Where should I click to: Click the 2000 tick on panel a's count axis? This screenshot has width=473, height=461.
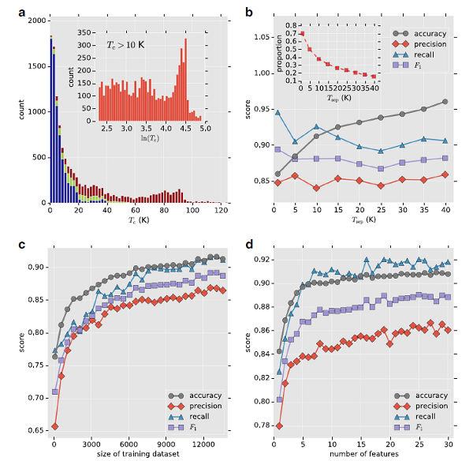[37, 20]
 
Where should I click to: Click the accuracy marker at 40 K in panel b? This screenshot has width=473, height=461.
[445, 102]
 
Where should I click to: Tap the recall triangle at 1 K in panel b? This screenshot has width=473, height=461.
[277, 112]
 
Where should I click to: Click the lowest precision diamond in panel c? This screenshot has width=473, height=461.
[54, 426]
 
